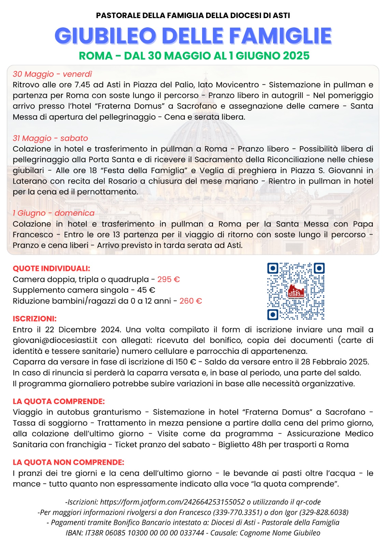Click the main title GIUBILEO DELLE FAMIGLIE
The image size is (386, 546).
(x=193, y=36)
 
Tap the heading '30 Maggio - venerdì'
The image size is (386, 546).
(x=52, y=74)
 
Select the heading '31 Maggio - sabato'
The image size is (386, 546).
(x=50, y=138)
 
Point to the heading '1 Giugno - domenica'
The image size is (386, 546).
(x=54, y=213)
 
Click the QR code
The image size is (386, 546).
(x=296, y=291)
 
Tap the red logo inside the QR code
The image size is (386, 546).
(x=296, y=291)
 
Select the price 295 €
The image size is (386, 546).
(x=168, y=279)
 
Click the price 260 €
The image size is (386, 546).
(x=190, y=301)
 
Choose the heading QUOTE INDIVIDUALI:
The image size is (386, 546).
(x=51, y=269)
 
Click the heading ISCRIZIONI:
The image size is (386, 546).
(x=34, y=319)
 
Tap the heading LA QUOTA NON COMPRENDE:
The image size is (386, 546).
(x=68, y=462)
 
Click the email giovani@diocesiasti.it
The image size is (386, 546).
(x=55, y=340)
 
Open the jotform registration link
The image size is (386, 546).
(x=172, y=502)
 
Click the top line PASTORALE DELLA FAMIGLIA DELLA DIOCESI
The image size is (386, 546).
(x=193, y=15)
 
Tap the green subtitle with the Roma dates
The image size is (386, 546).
(x=194, y=56)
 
